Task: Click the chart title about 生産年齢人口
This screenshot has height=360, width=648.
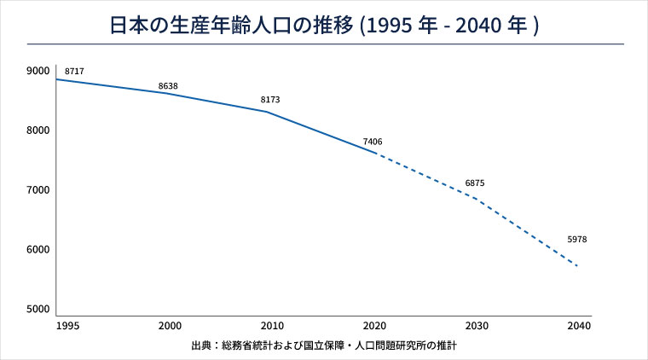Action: pos(324,25)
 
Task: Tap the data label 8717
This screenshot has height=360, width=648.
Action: pos(75,72)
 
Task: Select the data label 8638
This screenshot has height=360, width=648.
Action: pos(169,86)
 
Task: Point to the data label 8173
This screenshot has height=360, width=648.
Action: pos(269,101)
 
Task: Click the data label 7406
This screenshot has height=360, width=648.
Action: pos(373,142)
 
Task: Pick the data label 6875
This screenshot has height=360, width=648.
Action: pos(475,184)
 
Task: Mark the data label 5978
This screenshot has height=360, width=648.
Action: pos(576,240)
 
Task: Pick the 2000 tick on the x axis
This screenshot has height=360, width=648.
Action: pos(169,327)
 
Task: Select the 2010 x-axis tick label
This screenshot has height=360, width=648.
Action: pos(271,327)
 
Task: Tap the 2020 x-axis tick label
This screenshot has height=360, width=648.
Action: pos(373,327)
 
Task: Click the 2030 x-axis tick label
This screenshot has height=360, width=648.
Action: pos(476,327)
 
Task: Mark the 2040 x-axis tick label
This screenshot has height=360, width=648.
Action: pos(578,327)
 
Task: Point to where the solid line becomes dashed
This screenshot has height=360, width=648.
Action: pos(376,154)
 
